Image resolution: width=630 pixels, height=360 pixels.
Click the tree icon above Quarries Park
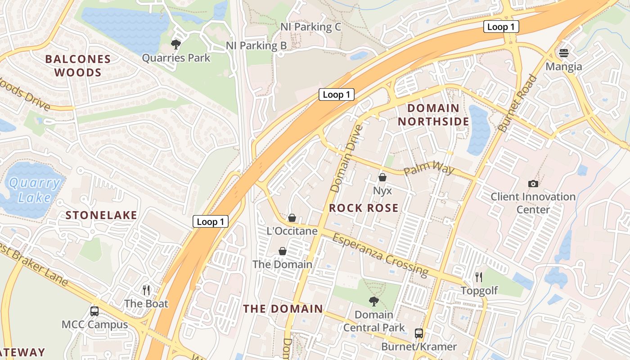tap(175, 44)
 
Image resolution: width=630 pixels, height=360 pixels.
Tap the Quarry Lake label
tap(35, 190)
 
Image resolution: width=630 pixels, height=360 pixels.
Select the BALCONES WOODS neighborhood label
tap(78, 66)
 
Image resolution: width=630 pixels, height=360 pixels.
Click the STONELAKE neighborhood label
tap(101, 215)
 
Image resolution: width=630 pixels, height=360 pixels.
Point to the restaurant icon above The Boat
tap(146, 290)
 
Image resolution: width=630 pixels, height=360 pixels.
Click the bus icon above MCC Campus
tap(94, 311)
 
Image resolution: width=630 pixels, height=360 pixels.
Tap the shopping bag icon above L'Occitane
tap(292, 218)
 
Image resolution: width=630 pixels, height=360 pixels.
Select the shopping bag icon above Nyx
tap(382, 177)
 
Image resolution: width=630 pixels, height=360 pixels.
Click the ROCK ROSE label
tap(364, 208)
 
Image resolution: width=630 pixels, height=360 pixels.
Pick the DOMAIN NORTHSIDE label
tap(433, 115)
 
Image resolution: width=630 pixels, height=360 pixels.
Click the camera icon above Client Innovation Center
tap(533, 183)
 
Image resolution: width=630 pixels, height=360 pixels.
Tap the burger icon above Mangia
tap(564, 53)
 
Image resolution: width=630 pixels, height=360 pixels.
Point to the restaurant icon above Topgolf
tap(479, 277)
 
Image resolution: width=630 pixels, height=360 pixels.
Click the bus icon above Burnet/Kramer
tap(419, 333)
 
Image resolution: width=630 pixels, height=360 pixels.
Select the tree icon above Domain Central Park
tap(374, 301)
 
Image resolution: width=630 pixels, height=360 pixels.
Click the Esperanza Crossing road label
tap(380, 254)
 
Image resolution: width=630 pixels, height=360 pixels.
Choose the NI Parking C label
tap(310, 27)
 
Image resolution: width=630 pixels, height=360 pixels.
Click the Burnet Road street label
tap(518, 103)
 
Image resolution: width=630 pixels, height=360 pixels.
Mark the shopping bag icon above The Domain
tap(283, 251)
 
